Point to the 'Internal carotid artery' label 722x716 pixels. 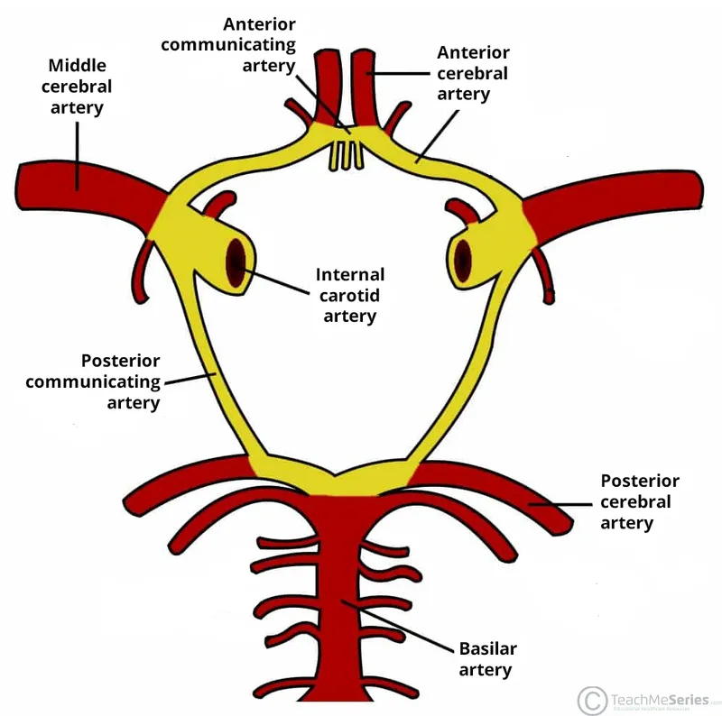pos(349,295)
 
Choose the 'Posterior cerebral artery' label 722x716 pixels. pos(639,501)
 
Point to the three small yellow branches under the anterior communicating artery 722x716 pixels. pos(345,156)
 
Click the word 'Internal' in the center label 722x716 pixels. pos(349,275)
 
